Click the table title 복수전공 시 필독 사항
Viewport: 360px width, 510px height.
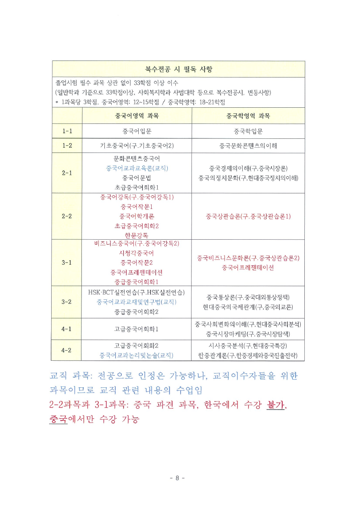coord(178,69)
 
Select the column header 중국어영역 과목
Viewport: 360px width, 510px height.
coord(137,116)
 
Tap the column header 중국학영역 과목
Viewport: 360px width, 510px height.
coord(248,116)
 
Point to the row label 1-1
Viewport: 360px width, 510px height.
coord(67,131)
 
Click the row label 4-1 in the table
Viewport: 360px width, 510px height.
coord(67,329)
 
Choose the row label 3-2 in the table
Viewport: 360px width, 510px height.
coord(67,302)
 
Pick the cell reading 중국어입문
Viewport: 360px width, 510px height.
coord(137,131)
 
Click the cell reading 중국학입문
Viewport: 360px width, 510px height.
coord(248,131)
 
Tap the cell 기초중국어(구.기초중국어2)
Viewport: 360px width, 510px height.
coord(137,146)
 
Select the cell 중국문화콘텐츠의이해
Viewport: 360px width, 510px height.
coord(248,146)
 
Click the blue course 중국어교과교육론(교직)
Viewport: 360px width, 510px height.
coord(137,168)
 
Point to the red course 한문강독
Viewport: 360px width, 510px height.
coord(137,235)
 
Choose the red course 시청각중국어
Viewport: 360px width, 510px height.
coord(137,253)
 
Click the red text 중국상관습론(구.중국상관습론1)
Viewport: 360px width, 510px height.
coord(248,216)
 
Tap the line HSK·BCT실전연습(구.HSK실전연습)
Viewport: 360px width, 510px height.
coord(137,292)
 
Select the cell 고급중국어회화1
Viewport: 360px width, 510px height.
coord(137,329)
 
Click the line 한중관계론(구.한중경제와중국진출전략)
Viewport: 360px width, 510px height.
coord(248,355)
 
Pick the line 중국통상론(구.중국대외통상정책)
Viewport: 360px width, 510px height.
coord(248,297)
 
